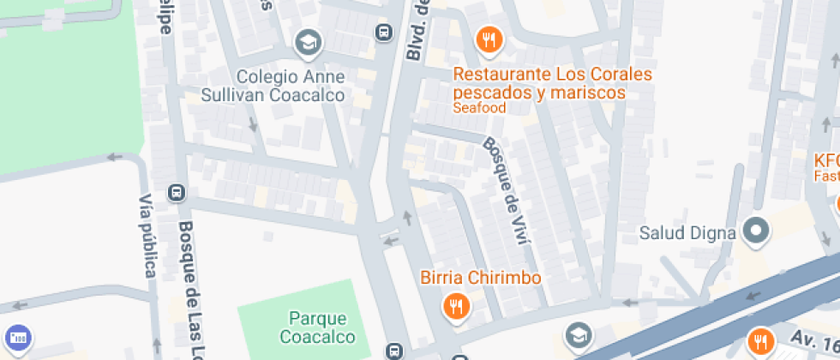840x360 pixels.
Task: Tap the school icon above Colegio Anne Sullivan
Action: point(307,41)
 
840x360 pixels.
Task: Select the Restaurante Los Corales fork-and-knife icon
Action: point(489,39)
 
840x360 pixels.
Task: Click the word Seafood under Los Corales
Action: point(479,108)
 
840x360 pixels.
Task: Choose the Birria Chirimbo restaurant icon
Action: point(455,306)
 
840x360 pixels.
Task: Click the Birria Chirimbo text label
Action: point(480,278)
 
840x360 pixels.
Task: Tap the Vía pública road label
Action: point(146,235)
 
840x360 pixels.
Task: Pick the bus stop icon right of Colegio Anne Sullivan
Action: point(383,33)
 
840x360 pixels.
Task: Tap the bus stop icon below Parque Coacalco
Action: point(393,351)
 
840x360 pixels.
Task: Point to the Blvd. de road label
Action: point(417,30)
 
